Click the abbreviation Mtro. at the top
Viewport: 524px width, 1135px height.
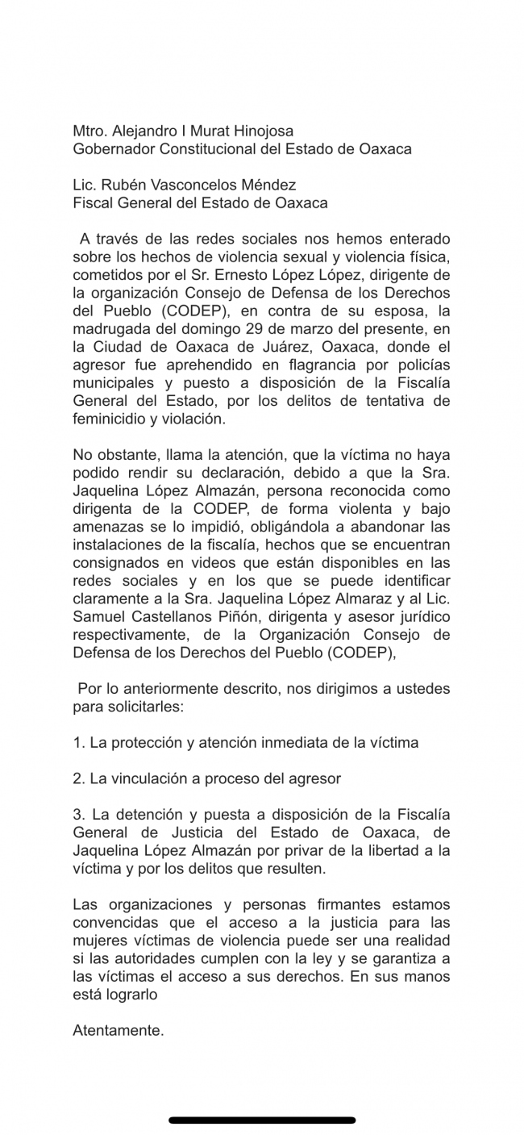click(x=89, y=131)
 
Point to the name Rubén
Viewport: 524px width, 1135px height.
click(x=122, y=186)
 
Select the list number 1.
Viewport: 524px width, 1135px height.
click(x=78, y=743)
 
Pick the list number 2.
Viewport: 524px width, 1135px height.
click(x=78, y=779)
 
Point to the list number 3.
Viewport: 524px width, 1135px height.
click(x=78, y=815)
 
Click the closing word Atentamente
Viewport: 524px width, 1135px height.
click(x=118, y=1031)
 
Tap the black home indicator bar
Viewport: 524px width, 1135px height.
click(x=262, y=1120)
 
